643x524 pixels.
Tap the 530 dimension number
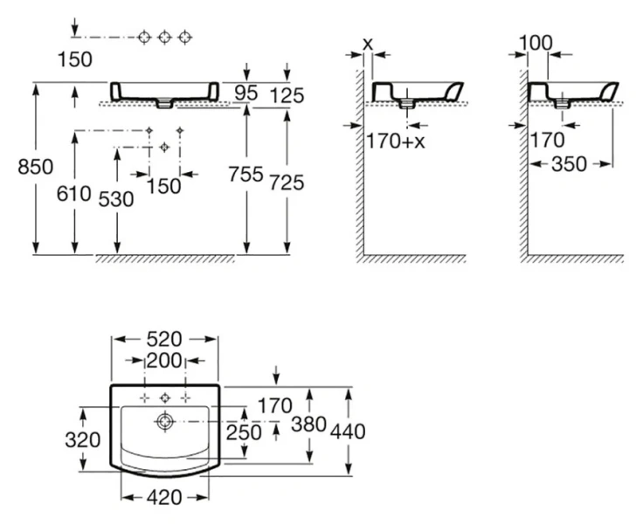(x=116, y=199)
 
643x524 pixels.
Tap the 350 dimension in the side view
(x=572, y=163)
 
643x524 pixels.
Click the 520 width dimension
(x=163, y=338)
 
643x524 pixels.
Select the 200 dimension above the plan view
(x=163, y=361)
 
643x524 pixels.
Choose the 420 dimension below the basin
(x=163, y=499)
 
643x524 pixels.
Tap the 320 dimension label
(x=82, y=440)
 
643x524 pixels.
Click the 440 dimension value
(x=348, y=431)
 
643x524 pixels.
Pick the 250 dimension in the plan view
(x=245, y=431)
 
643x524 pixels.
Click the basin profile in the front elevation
(x=164, y=91)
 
